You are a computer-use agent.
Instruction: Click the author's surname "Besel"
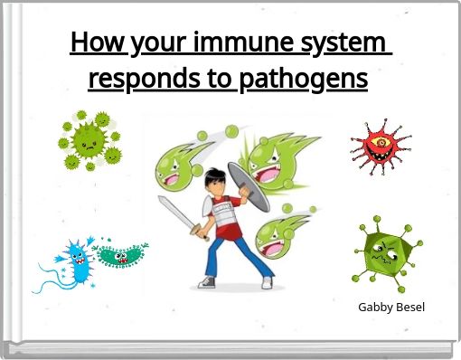pos(411,307)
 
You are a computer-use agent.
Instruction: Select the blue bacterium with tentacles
pos(72,264)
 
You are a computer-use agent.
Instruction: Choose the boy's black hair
pos(213,177)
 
